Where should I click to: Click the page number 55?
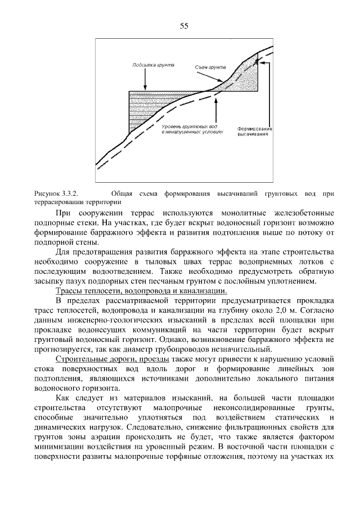point(184,25)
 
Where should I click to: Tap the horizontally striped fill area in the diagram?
point(141,112)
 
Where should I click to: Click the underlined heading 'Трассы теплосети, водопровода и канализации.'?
point(141,291)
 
